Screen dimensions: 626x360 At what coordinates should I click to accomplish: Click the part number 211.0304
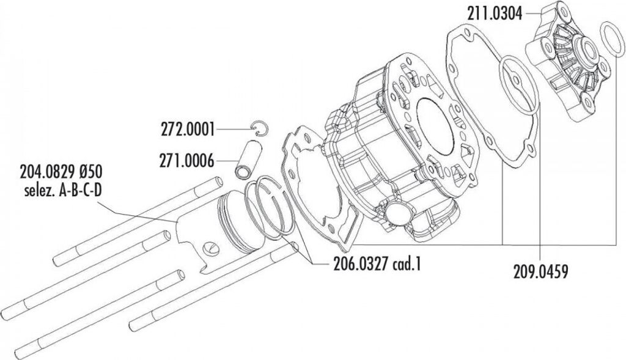495,14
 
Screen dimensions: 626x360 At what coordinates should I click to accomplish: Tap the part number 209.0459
540,272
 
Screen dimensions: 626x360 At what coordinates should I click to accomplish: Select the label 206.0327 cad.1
377,264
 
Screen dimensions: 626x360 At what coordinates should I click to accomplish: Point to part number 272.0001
188,130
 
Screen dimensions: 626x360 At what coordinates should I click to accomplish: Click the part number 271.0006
187,161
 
